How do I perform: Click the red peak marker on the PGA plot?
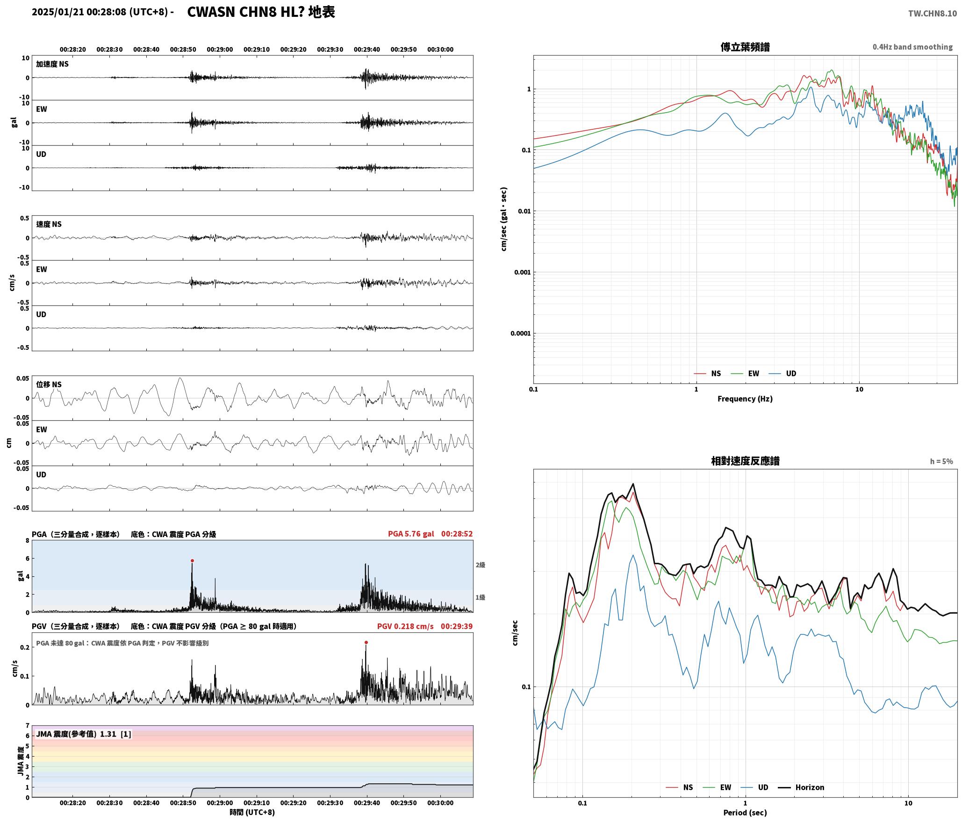coord(192,561)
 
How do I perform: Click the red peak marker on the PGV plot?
coord(366,643)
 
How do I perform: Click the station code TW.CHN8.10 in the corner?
coord(933,14)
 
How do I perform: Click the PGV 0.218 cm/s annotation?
coord(405,626)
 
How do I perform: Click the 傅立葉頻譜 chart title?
coord(745,47)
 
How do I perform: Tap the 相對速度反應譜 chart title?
coord(745,461)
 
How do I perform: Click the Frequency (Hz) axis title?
coord(745,399)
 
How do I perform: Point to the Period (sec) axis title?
coord(745,813)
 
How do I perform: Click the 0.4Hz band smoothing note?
coord(912,47)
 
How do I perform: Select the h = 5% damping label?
coord(941,461)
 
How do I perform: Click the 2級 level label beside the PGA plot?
coord(481,565)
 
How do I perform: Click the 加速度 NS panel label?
coord(52,64)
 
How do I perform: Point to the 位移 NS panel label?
coord(49,384)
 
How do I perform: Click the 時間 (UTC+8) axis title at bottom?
coord(252,812)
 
